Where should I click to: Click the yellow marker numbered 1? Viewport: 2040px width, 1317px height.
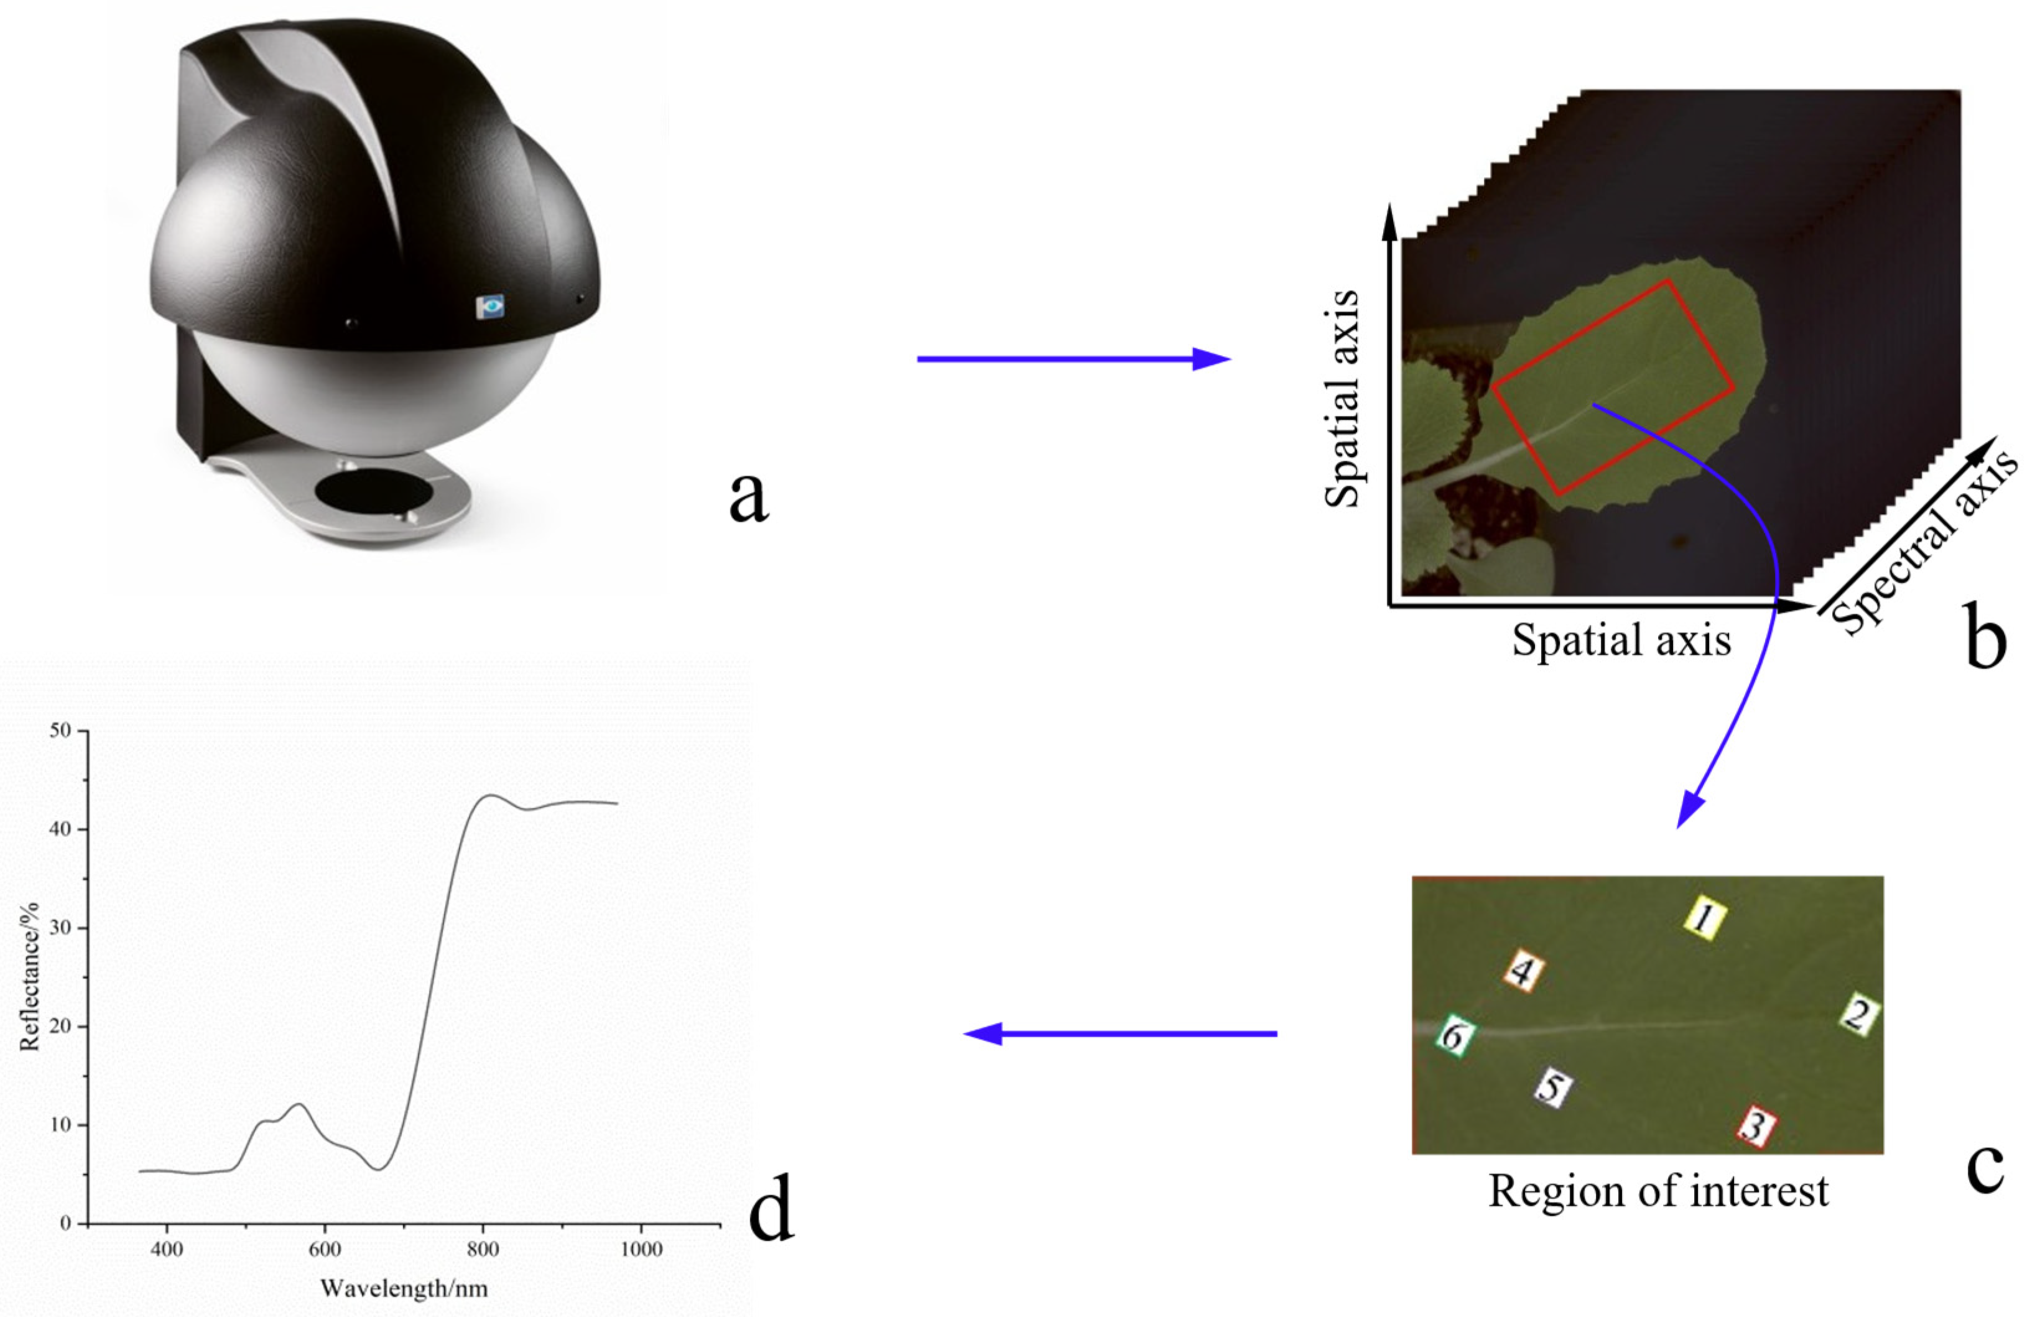tap(1705, 918)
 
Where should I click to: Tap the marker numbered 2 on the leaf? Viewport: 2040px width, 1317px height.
tap(1858, 1014)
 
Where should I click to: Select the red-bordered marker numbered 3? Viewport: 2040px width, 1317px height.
tap(1755, 1125)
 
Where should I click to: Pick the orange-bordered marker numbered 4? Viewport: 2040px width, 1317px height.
tap(1523, 971)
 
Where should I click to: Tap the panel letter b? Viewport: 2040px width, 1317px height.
tap(1985, 637)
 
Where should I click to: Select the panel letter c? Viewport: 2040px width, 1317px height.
tap(1985, 1167)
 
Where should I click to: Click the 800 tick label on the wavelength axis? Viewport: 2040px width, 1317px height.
tap(483, 1249)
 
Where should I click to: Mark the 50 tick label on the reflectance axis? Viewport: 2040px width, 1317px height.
tap(60, 731)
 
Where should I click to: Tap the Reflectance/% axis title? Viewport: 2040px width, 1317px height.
tap(29, 976)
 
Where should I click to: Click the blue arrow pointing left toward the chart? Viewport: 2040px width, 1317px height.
tap(1121, 1034)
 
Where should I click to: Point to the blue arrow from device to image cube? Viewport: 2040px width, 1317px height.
tap(1073, 359)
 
